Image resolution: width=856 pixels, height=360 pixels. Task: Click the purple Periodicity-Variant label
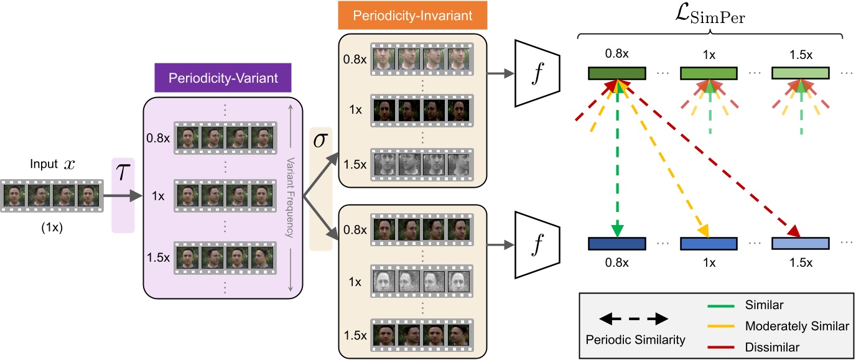click(223, 78)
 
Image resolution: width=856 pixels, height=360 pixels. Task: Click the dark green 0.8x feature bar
click(616, 73)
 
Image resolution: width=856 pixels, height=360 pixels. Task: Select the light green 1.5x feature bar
click(801, 73)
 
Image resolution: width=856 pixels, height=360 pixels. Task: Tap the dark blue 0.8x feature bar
click(616, 243)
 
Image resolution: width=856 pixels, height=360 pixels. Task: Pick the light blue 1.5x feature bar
click(801, 243)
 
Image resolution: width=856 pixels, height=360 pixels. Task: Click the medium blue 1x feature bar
click(709, 243)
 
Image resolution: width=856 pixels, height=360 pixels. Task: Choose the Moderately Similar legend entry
click(797, 326)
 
